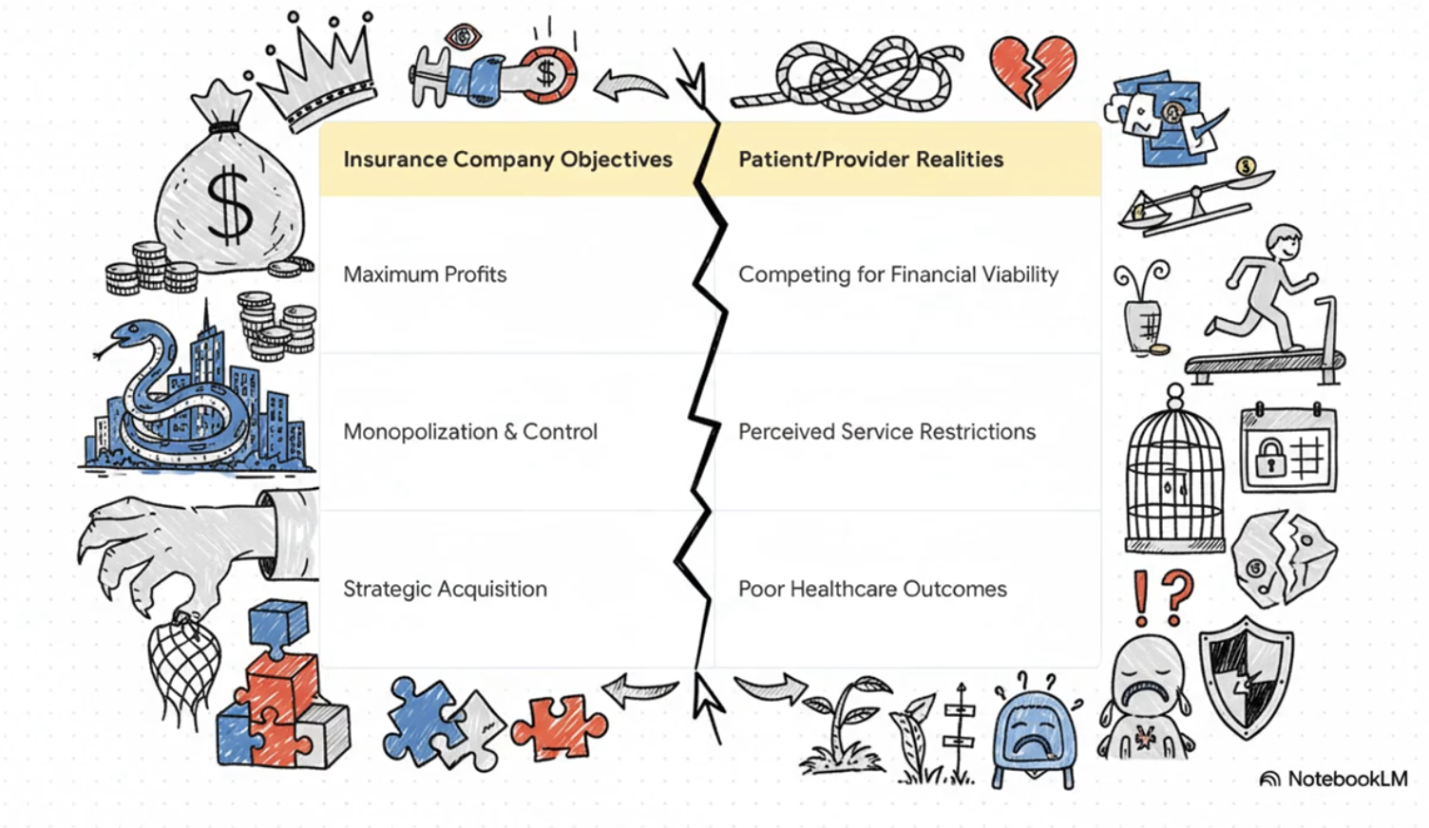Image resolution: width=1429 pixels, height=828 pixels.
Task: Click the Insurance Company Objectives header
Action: (x=507, y=160)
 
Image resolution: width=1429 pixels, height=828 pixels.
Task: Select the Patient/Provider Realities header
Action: (x=870, y=160)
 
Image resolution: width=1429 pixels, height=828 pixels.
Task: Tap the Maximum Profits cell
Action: (x=425, y=274)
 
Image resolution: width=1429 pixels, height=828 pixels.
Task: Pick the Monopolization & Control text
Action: (x=470, y=432)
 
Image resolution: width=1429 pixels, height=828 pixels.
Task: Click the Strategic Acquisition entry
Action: (x=445, y=589)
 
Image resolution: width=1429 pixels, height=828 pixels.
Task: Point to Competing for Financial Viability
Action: (x=898, y=274)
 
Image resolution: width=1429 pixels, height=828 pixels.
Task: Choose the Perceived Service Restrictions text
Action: (x=886, y=432)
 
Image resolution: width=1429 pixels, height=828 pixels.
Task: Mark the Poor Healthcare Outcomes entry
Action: (x=872, y=589)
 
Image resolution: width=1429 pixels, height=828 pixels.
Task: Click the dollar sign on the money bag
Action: (x=229, y=204)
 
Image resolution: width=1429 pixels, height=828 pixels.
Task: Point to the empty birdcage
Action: (x=1174, y=475)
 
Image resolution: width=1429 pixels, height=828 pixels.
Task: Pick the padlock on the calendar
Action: (x=1270, y=461)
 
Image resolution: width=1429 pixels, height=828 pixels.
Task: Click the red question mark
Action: (x=1177, y=594)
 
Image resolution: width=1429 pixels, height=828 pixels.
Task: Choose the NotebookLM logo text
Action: (x=1346, y=780)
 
